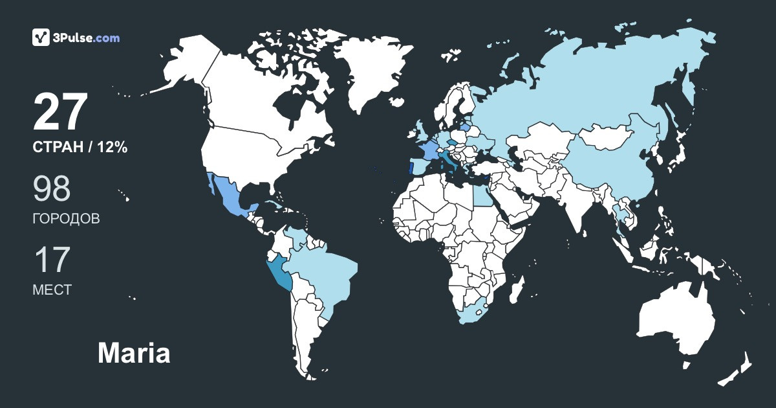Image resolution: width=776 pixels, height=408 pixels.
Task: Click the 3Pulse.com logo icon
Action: pyautogui.click(x=41, y=38)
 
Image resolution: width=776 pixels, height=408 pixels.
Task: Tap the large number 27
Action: pyautogui.click(x=59, y=112)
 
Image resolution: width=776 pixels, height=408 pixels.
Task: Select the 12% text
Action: pyautogui.click(x=113, y=148)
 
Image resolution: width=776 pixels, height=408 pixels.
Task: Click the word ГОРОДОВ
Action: pyautogui.click(x=66, y=219)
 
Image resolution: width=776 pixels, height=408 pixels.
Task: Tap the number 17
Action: pyautogui.click(x=51, y=259)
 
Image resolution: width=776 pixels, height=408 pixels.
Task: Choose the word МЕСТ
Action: pyautogui.click(x=52, y=290)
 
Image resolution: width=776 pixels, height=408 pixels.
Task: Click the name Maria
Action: pyautogui.click(x=134, y=354)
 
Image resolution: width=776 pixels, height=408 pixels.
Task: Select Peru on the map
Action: pyautogui.click(x=279, y=272)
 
